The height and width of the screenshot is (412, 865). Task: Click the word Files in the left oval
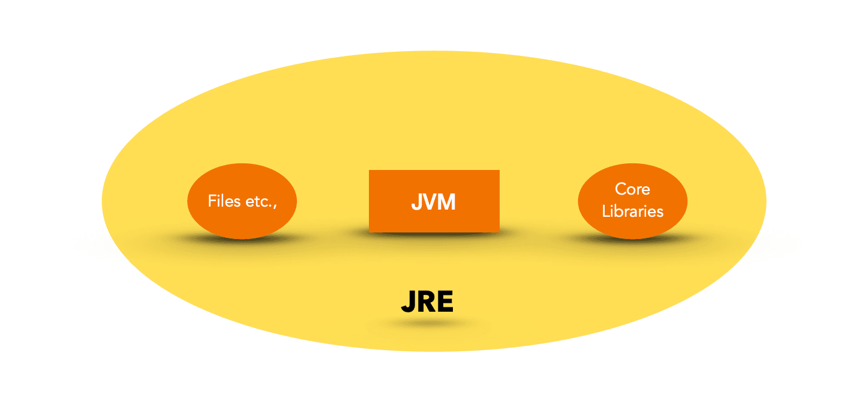(x=222, y=201)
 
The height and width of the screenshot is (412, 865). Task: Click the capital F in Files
(x=211, y=201)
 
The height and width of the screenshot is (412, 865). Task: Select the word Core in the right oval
(x=632, y=189)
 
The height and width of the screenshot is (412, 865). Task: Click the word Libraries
(x=632, y=211)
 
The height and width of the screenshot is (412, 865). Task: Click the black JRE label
(x=427, y=303)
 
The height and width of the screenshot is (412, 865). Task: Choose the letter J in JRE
(x=409, y=303)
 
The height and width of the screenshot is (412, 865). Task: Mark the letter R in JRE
(x=427, y=303)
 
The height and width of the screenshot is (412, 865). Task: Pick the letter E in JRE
(x=445, y=303)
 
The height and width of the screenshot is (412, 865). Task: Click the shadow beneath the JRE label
(x=427, y=324)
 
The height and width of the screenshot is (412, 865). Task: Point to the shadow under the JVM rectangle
(x=434, y=235)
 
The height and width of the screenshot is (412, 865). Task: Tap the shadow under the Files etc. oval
(x=242, y=240)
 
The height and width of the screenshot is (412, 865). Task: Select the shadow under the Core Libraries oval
(x=632, y=240)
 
